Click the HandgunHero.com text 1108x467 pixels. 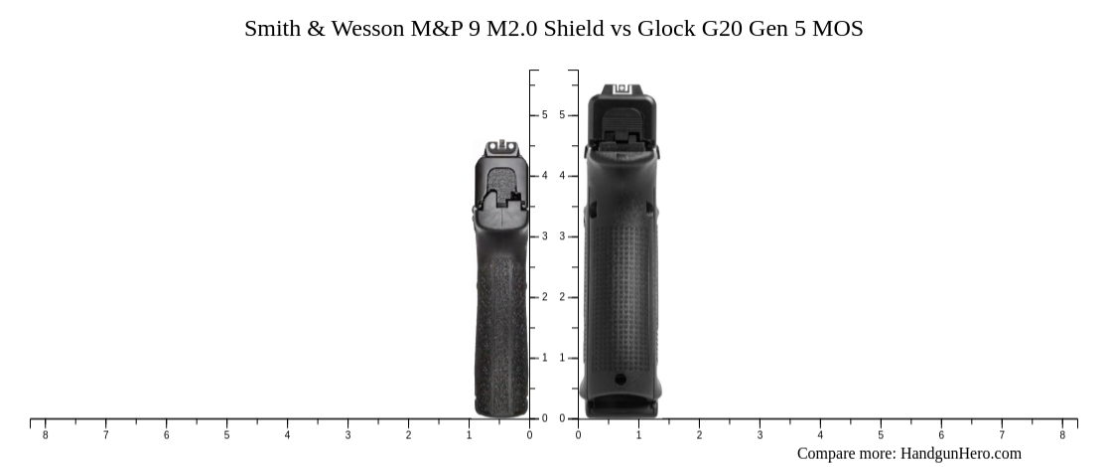click(960, 454)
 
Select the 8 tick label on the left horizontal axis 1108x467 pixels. click(45, 435)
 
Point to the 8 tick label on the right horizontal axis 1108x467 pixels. click(1062, 435)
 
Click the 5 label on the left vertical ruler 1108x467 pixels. click(544, 115)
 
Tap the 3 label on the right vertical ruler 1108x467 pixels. click(562, 236)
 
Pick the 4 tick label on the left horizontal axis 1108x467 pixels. click(287, 435)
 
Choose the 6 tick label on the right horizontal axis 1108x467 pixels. click(941, 435)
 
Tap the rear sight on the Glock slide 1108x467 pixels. click(623, 90)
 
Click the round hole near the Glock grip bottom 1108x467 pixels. click(621, 379)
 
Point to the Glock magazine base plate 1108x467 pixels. click(622, 406)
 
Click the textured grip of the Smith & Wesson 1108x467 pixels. click(500, 328)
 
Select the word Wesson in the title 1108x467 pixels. click(368, 28)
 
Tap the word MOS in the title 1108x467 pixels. click(838, 28)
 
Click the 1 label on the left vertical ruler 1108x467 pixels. click(544, 358)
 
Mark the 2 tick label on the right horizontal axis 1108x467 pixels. click(699, 435)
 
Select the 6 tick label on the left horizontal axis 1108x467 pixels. click(166, 435)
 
